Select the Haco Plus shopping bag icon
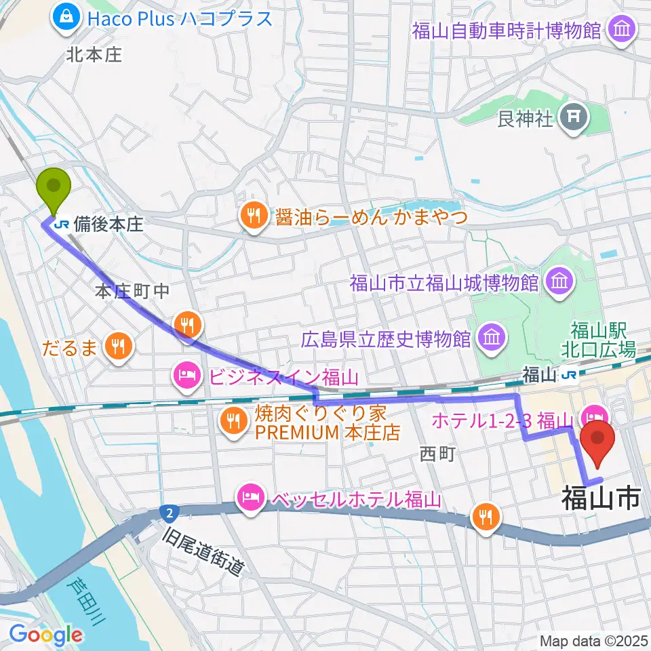67,17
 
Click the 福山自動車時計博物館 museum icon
621,30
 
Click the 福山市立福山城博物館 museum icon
559,280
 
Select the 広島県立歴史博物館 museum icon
490,336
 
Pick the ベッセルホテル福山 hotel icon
250,500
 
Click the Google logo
46,635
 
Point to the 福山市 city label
601,500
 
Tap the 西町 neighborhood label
437,454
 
